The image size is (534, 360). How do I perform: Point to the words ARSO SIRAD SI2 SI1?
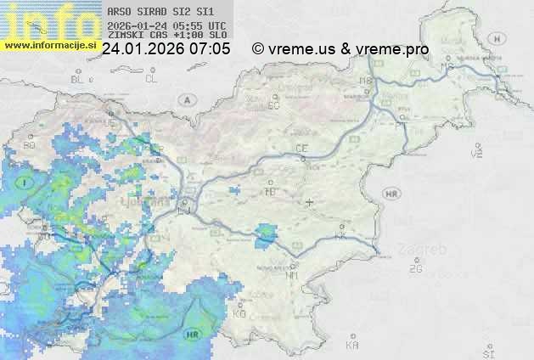tap(161, 12)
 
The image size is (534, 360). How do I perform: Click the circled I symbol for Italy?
tap(26, 183)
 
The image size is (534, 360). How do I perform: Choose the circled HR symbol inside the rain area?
tap(194, 334)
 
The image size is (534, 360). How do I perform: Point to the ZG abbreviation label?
tap(415, 269)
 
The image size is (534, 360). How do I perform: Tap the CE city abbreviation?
tap(301, 149)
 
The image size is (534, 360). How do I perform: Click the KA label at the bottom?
tap(352, 346)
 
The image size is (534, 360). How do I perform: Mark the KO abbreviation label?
tap(239, 313)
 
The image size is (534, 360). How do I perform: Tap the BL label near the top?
tap(78, 79)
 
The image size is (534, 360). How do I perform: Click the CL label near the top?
tap(152, 79)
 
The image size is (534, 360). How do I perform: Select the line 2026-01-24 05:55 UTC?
tap(166, 26)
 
